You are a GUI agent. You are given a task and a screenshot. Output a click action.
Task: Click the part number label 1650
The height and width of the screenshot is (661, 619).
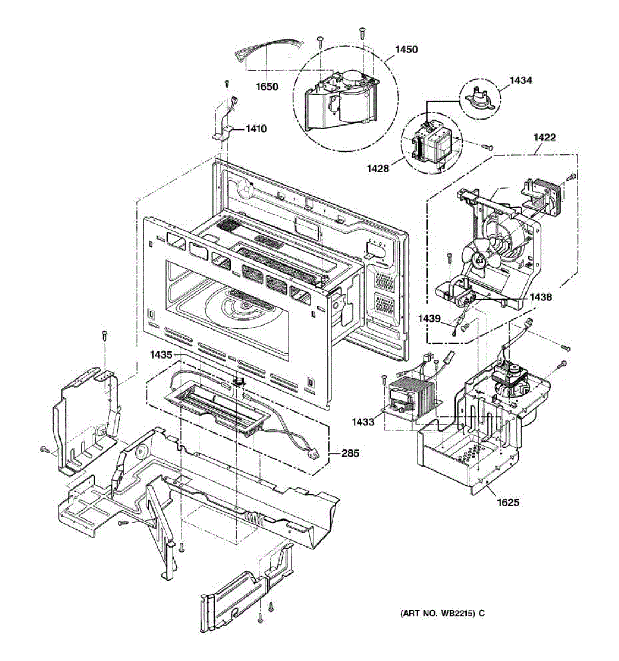pos(267,86)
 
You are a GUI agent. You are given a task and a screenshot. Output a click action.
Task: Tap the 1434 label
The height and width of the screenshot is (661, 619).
pos(521,80)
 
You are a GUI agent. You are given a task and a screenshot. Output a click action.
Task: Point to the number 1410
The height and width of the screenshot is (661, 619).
pos(256,129)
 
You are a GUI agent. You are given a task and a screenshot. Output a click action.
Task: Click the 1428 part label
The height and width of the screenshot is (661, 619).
pos(377,169)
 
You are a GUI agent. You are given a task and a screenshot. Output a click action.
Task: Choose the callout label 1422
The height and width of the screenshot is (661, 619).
pos(544,137)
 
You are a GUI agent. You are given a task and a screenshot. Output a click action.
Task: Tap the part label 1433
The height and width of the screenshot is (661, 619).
pos(364,422)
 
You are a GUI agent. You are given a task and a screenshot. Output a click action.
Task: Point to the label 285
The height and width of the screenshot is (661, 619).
pos(350,453)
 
